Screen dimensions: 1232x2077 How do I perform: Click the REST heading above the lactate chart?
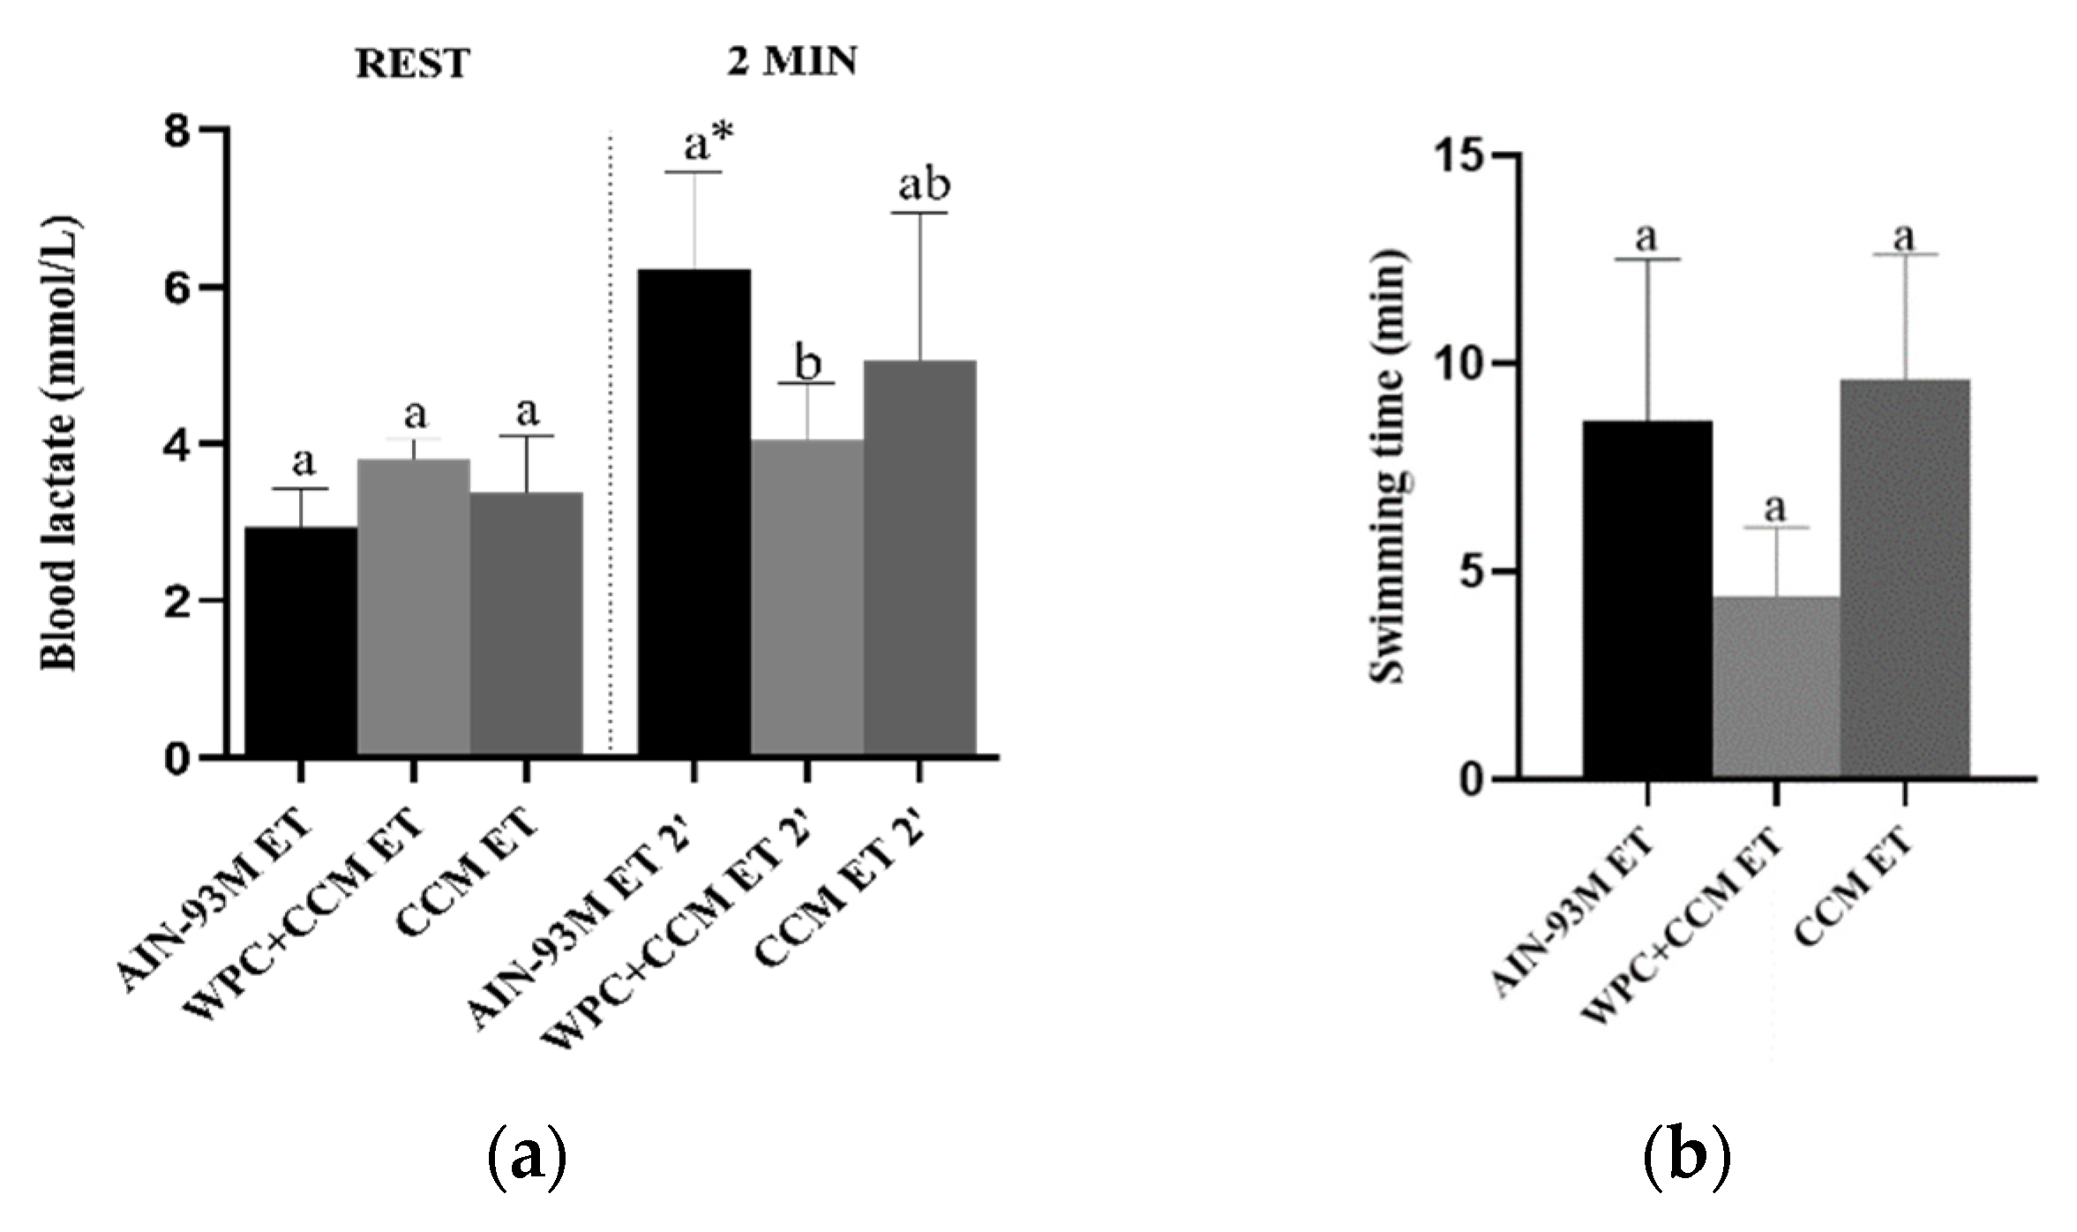tap(412, 64)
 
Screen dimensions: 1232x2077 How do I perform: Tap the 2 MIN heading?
tap(791, 62)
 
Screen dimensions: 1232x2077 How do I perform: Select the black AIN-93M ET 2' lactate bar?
tap(694, 512)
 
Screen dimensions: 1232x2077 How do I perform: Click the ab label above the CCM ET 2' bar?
tap(924, 185)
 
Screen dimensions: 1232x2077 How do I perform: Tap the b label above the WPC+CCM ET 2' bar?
tap(807, 363)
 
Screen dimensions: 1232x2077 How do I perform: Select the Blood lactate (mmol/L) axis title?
tap(60, 443)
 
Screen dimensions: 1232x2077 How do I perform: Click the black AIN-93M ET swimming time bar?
tap(1646, 600)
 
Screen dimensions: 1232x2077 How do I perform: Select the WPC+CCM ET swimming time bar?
tap(1775, 688)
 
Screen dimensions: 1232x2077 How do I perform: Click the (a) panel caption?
tap(526, 1157)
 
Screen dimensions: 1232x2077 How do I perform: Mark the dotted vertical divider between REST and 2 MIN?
tap(611, 441)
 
